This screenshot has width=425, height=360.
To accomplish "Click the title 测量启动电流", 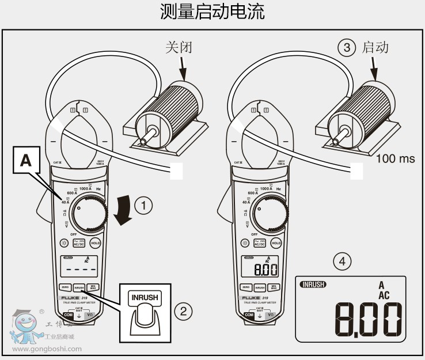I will tap(212, 12).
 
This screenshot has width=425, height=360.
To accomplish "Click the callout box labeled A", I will tap(26, 161).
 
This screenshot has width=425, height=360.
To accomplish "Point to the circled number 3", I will tap(346, 47).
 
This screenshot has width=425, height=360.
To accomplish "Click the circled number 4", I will tap(343, 261).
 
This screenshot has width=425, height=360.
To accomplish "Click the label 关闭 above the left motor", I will tap(179, 47).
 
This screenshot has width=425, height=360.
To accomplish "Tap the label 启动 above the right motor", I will tap(375, 47).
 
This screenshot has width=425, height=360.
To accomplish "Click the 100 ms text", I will tap(396, 158).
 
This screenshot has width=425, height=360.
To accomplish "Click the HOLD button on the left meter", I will tap(96, 243).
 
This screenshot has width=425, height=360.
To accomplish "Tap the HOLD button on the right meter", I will tap(276, 243).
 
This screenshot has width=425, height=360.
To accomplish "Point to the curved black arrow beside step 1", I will tap(123, 211).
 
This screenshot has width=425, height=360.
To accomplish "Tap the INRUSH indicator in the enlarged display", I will tap(313, 284).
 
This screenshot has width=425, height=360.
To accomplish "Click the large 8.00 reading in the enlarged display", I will tap(368, 319).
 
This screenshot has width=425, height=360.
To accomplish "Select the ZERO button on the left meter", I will tap(65, 286).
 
